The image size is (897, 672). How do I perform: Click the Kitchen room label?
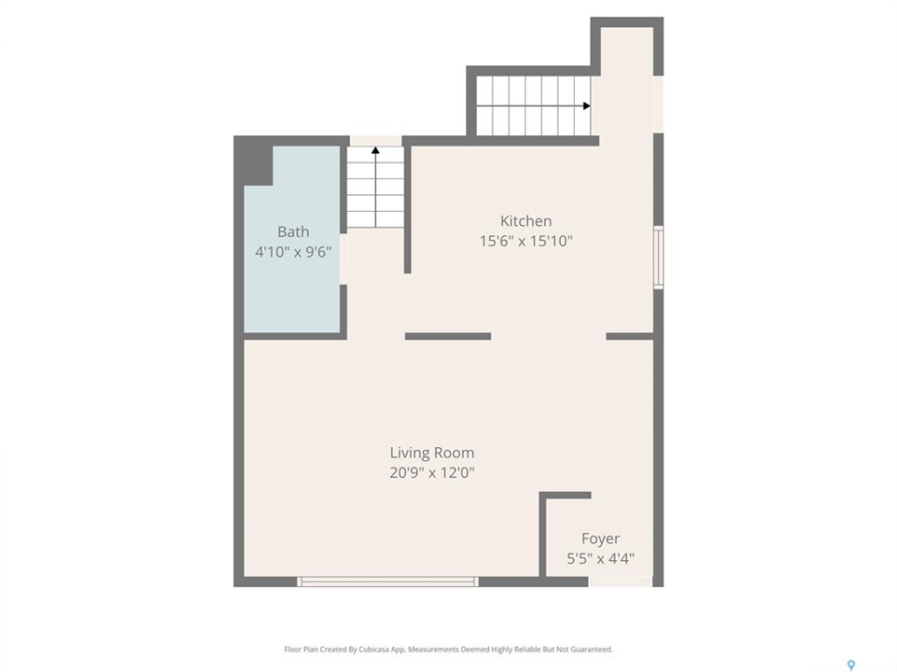(526, 221)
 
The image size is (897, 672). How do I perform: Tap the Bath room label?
(292, 231)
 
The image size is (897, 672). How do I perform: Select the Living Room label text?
(432, 453)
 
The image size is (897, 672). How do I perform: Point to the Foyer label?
(600, 539)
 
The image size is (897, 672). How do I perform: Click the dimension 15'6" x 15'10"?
(526, 241)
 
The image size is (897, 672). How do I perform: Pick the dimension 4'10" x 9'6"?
(292, 252)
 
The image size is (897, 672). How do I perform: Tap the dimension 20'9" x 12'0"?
(432, 473)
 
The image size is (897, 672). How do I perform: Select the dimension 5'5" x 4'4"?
(600, 558)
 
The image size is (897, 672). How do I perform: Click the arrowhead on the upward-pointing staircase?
(376, 150)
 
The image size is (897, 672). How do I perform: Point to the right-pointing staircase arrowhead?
(587, 105)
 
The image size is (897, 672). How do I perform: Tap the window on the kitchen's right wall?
(659, 258)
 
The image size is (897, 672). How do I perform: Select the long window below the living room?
(387, 581)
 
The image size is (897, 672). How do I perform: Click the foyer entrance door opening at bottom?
(620, 581)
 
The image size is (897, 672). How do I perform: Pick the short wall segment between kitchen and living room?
(448, 337)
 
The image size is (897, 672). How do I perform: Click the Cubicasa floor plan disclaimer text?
(448, 650)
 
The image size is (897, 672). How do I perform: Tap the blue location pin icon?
(851, 665)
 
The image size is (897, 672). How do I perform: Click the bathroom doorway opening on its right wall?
(343, 259)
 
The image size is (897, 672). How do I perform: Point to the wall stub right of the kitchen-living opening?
(630, 337)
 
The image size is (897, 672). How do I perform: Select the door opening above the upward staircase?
(376, 141)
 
